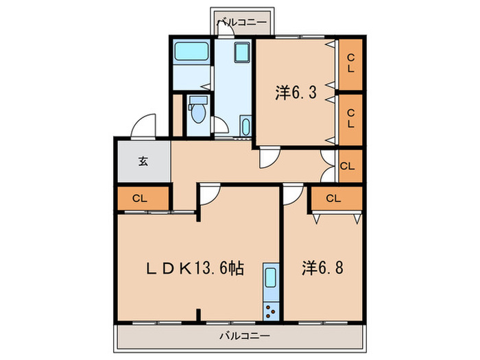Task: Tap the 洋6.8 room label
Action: tap(322, 267)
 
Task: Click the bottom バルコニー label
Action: tap(244, 336)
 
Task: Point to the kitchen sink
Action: tap(270, 279)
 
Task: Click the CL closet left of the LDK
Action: tap(141, 199)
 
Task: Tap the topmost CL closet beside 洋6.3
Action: tap(350, 64)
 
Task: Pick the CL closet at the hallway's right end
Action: tap(348, 165)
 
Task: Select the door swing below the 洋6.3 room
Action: tap(269, 157)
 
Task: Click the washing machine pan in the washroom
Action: tap(242, 53)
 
